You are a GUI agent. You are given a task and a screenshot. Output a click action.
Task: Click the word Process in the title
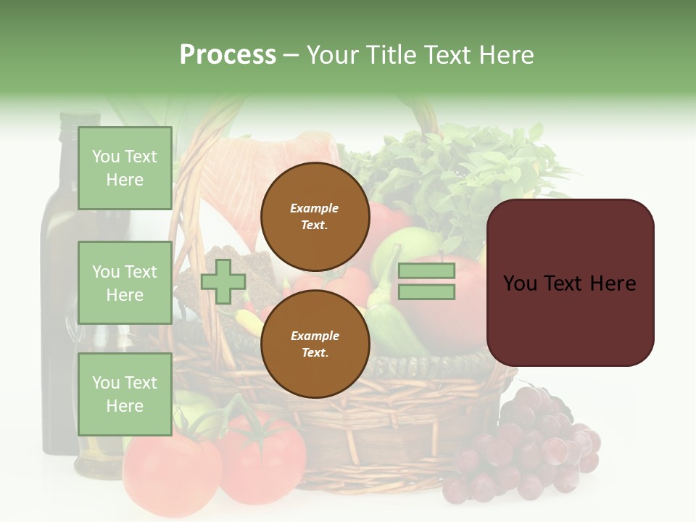click(x=228, y=55)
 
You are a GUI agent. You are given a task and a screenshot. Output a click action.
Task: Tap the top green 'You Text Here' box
click(x=125, y=168)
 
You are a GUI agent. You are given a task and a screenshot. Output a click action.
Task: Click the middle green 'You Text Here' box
click(x=125, y=283)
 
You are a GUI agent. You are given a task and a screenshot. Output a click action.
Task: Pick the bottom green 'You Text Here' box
click(x=125, y=394)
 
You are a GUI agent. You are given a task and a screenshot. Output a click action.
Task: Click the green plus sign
click(x=223, y=282)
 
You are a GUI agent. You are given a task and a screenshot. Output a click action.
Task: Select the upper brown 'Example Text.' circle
click(x=315, y=216)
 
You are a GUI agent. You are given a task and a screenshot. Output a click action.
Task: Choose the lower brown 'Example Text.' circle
click(x=315, y=344)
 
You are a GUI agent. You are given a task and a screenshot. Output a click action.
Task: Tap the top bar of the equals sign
click(x=426, y=271)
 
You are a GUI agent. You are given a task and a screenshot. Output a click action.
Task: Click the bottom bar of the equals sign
click(x=426, y=292)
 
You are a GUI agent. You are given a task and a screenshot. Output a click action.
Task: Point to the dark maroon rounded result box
click(x=570, y=283)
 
